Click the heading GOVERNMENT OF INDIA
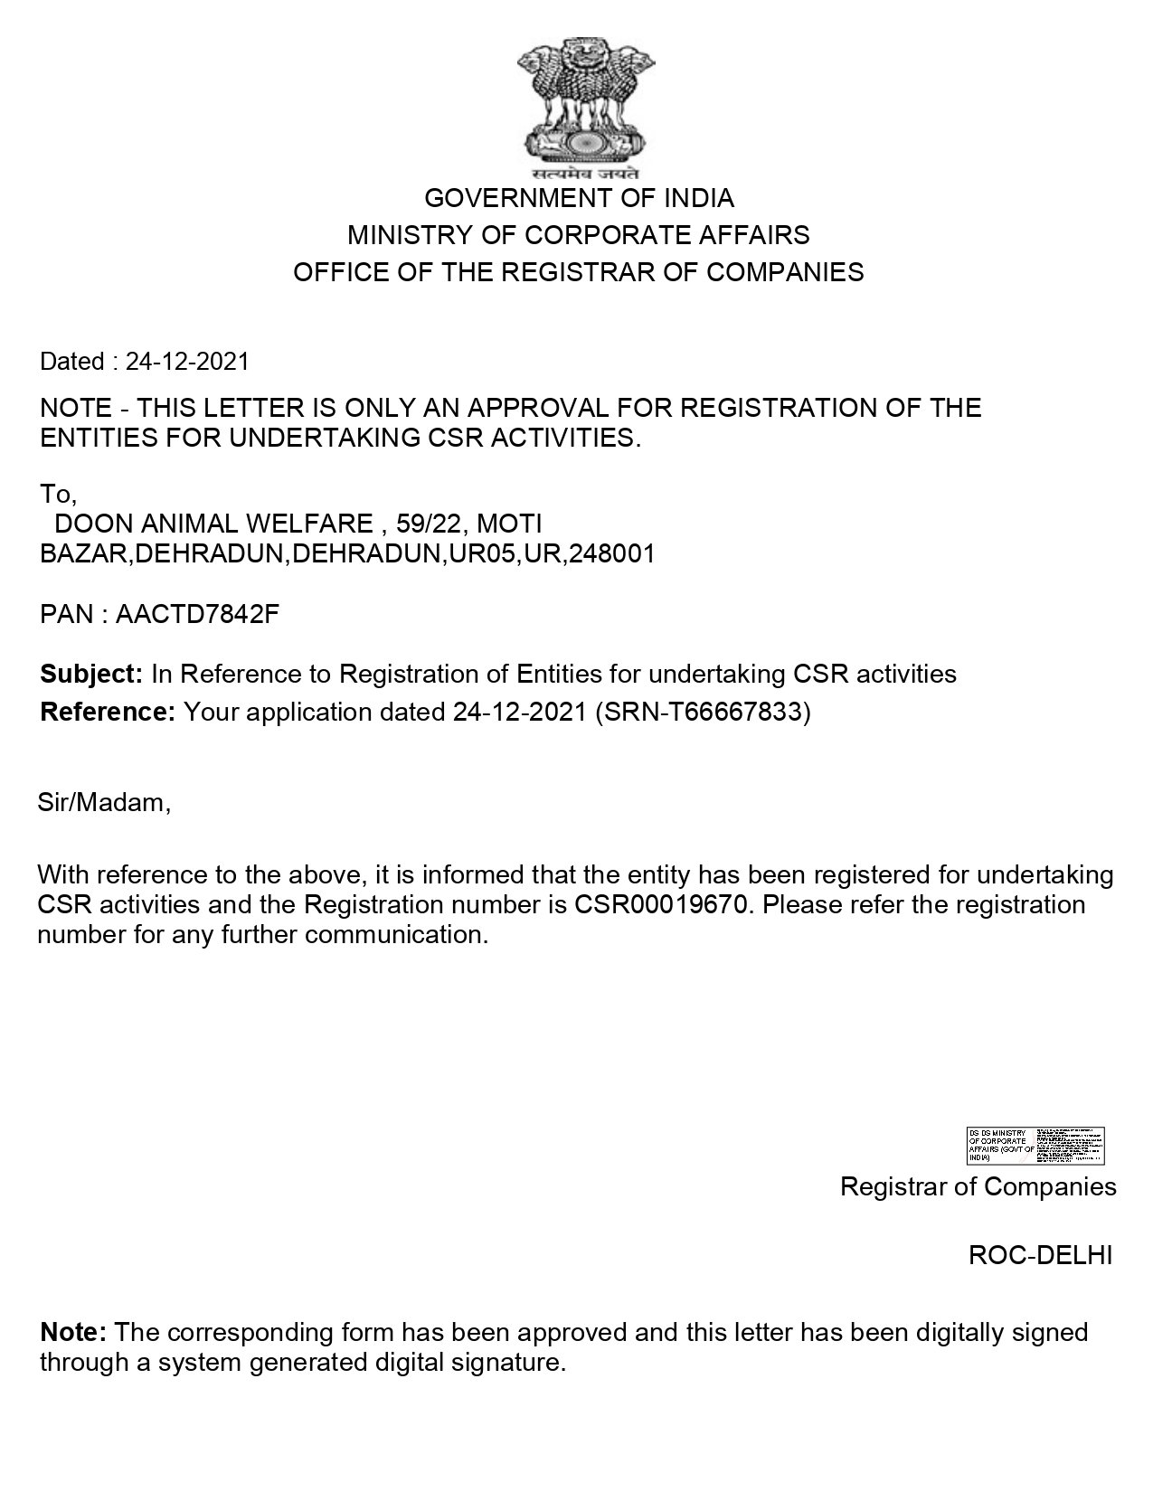pyautogui.click(x=579, y=198)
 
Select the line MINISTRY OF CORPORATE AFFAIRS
pyautogui.click(x=579, y=235)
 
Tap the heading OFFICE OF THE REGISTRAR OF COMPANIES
pyautogui.click(x=579, y=272)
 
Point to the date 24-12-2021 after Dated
pyautogui.click(x=187, y=362)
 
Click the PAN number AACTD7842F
pyautogui.click(x=197, y=615)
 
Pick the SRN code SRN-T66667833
pyautogui.click(x=700, y=713)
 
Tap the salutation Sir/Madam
pyautogui.click(x=104, y=802)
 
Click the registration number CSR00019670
pyautogui.click(x=662, y=905)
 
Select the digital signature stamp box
pyautogui.click(x=1035, y=1146)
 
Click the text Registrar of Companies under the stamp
pyautogui.click(x=978, y=1186)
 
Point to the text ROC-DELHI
pyautogui.click(x=1040, y=1255)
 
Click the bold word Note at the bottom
pyautogui.click(x=74, y=1332)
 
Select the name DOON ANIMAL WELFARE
pyautogui.click(x=214, y=524)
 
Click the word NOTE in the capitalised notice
pyautogui.click(x=76, y=408)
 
